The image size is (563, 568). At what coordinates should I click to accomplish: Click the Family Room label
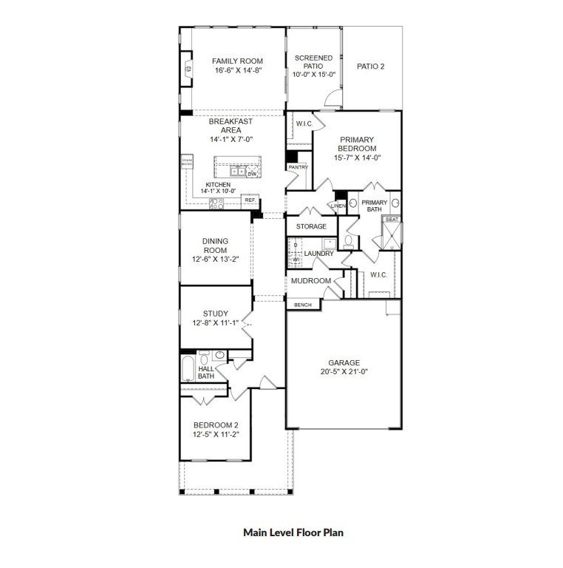click(237, 61)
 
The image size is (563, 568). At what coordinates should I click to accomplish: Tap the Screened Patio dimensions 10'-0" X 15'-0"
click(313, 75)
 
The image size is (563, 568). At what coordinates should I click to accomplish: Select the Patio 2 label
click(370, 66)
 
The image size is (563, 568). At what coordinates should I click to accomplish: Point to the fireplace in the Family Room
click(187, 70)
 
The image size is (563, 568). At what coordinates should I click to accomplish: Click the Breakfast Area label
click(231, 126)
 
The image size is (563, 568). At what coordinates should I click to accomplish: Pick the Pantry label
click(298, 168)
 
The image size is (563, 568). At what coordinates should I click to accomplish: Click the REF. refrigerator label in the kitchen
click(250, 200)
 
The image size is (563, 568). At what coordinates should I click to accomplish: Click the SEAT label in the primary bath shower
click(391, 220)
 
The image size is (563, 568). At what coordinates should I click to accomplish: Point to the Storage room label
click(311, 226)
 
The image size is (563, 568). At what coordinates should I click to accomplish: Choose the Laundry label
click(318, 254)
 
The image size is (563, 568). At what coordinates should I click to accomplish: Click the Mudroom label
click(310, 281)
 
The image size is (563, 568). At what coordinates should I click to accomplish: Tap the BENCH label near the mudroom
click(303, 305)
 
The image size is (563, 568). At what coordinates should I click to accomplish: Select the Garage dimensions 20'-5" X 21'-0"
click(344, 372)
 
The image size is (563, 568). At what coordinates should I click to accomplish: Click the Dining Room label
click(215, 246)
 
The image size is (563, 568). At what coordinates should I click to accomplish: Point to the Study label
click(215, 314)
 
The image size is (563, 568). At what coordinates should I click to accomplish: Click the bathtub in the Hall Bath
click(187, 368)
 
